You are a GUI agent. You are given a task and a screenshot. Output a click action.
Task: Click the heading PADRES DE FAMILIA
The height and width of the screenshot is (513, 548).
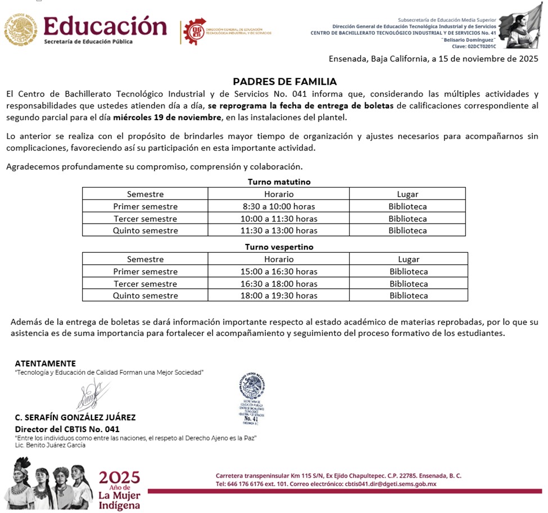285,81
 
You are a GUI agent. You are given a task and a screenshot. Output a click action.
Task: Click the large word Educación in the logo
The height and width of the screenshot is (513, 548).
105,26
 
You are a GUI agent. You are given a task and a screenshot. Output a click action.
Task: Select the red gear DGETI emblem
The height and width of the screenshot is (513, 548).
196,31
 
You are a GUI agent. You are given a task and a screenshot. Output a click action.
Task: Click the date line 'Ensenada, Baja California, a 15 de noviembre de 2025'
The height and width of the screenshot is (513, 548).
433,58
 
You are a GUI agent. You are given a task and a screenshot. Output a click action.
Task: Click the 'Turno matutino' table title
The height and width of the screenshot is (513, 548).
279,181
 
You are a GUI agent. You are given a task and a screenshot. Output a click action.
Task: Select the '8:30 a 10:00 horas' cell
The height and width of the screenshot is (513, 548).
279,206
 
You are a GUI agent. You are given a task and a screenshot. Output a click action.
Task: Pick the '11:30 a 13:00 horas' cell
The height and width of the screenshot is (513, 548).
279,230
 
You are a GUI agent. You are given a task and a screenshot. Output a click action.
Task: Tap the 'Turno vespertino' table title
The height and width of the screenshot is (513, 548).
279,247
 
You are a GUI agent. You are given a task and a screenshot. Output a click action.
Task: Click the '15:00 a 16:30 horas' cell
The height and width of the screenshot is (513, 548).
279,271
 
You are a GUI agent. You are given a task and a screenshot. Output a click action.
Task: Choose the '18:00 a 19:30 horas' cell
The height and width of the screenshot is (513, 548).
279,296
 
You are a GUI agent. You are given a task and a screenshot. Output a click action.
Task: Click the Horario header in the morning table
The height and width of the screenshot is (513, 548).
279,194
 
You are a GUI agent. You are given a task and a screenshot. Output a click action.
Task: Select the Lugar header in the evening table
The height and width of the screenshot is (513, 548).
409,260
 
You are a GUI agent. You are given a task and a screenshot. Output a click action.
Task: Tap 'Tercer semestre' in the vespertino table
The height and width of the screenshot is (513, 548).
145,284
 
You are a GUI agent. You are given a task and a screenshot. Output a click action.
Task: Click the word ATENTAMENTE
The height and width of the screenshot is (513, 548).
45,363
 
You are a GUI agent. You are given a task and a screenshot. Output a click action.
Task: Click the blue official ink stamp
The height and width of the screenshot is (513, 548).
251,399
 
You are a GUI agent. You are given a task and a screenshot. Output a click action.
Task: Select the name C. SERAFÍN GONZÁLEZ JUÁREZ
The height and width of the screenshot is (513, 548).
75,417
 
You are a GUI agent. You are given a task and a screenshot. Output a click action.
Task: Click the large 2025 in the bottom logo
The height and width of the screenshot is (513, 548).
119,478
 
